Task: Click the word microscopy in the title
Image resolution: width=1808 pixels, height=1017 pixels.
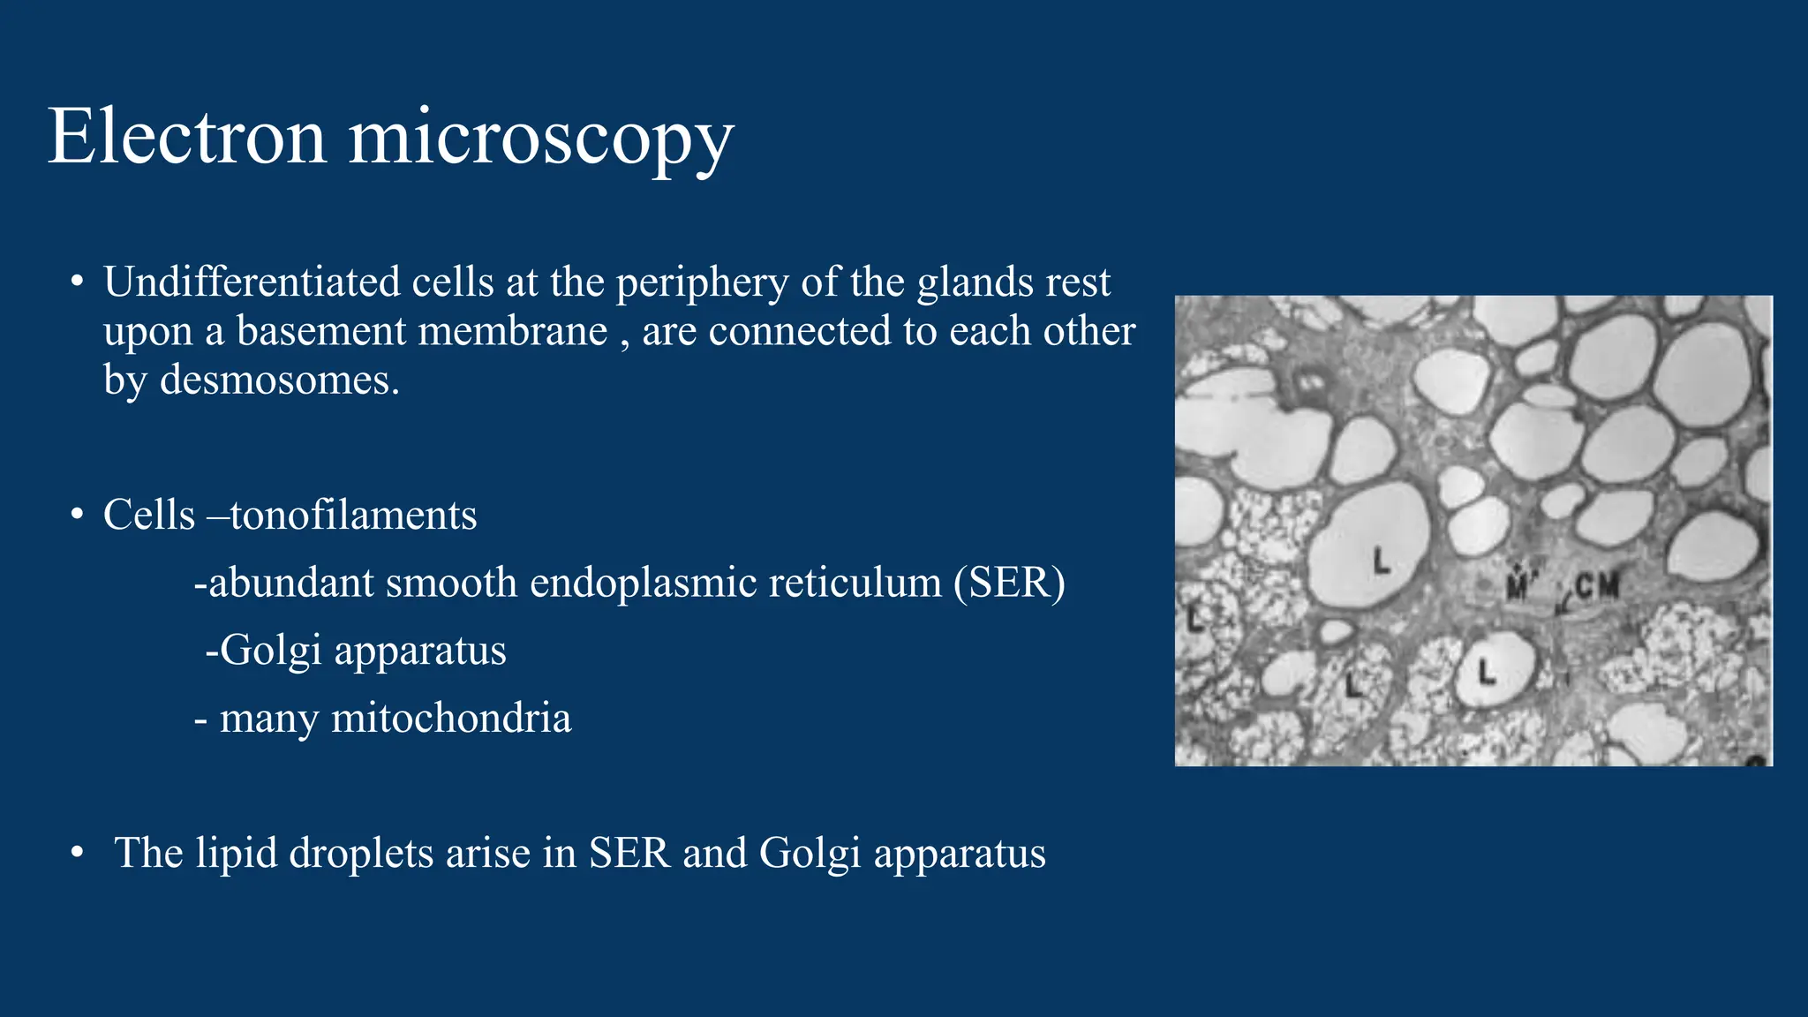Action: (541, 139)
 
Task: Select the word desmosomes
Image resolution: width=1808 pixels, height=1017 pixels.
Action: (279, 380)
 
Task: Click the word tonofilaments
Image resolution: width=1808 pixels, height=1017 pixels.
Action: (353, 516)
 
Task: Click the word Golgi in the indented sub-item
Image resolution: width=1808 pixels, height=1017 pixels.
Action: (270, 652)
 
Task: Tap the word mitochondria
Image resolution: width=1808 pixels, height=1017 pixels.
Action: (450, 719)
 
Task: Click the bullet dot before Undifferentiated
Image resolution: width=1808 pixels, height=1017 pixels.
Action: (78, 282)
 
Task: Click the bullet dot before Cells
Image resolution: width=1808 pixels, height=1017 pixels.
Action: (78, 516)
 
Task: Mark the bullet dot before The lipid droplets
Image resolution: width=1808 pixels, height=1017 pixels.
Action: (78, 854)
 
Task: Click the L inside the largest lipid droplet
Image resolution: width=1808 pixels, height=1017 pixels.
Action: (1382, 560)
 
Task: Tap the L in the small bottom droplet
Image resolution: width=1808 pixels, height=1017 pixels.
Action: (1488, 674)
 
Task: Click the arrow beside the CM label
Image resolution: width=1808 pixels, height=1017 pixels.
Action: (1565, 605)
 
